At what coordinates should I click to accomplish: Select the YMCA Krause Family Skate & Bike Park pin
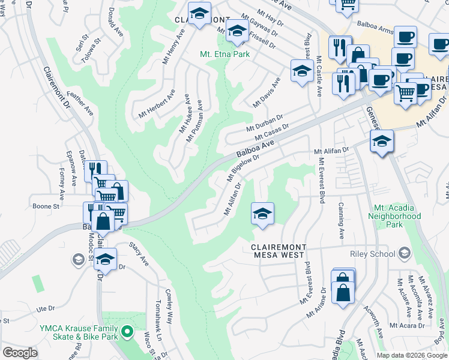click(127, 331)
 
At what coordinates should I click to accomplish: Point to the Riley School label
click(375, 254)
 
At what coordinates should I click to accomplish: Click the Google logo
click(20, 353)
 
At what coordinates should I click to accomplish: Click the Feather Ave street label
click(80, 103)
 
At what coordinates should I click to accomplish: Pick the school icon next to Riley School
click(405, 254)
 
